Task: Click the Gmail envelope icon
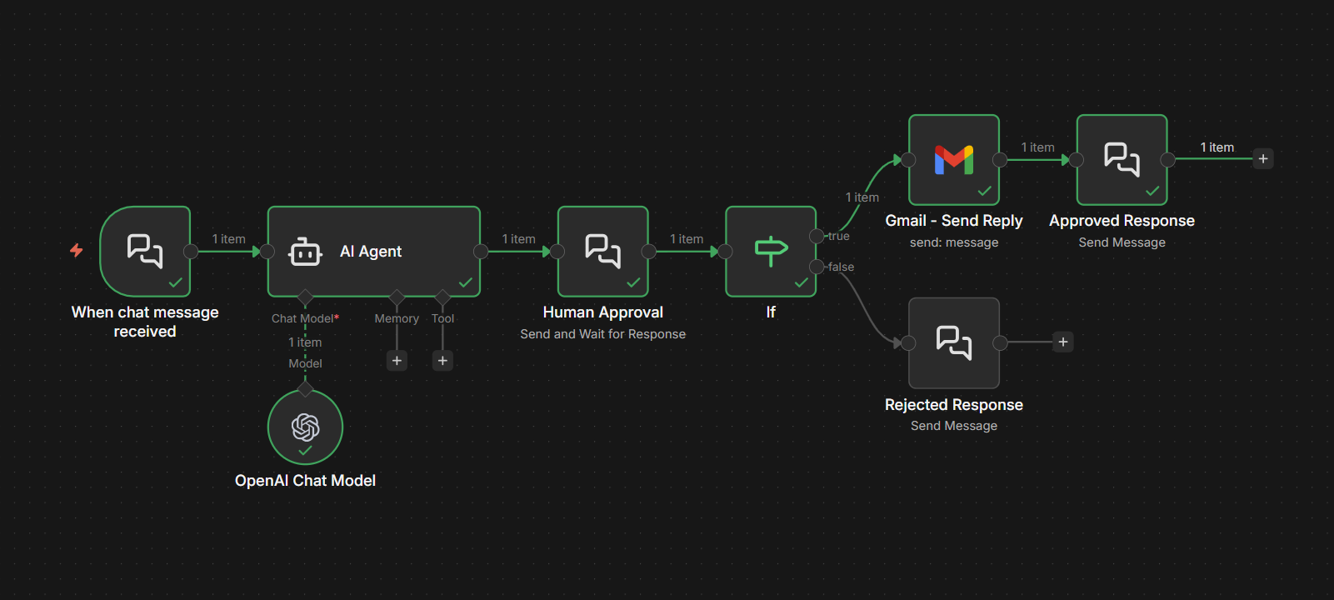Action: coord(953,159)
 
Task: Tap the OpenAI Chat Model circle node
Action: coord(305,427)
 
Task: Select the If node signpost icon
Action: coord(771,251)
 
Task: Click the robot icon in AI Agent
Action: coord(305,252)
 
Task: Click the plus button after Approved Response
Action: coord(1263,159)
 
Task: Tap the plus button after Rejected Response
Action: coord(1063,342)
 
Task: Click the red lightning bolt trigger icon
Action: coord(77,250)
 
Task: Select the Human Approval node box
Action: coord(602,251)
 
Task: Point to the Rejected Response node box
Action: coord(953,342)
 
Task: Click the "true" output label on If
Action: coord(839,237)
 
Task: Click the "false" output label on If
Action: coord(841,267)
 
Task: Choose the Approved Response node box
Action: coord(1122,159)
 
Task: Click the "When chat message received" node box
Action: coord(145,251)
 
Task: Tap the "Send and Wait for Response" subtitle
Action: coord(602,334)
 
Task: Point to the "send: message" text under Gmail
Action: coord(953,242)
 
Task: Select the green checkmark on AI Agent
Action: coord(465,282)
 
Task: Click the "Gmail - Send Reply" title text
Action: coord(953,221)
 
